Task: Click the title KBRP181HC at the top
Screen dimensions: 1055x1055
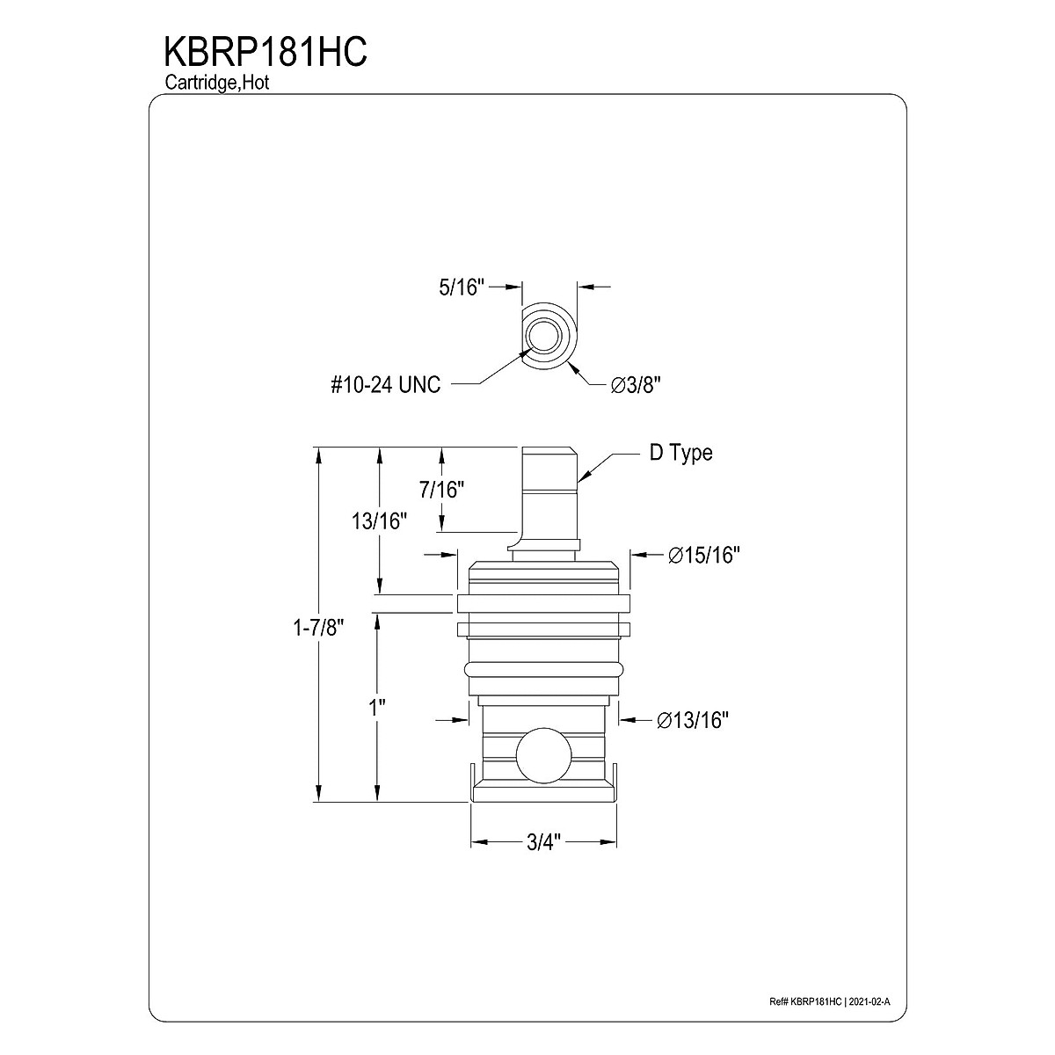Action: (x=266, y=53)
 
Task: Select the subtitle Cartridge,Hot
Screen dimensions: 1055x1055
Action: (x=217, y=83)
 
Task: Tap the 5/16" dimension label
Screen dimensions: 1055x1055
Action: (x=462, y=287)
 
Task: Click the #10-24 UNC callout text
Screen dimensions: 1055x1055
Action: (x=385, y=385)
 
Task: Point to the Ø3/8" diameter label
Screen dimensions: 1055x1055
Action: (x=637, y=385)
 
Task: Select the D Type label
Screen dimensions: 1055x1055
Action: (x=681, y=454)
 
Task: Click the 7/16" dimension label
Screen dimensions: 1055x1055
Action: (x=442, y=490)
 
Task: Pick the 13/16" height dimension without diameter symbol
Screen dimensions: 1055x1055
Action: (x=380, y=521)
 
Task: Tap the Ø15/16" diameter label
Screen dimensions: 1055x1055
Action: (x=704, y=555)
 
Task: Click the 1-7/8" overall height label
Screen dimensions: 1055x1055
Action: (x=318, y=629)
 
